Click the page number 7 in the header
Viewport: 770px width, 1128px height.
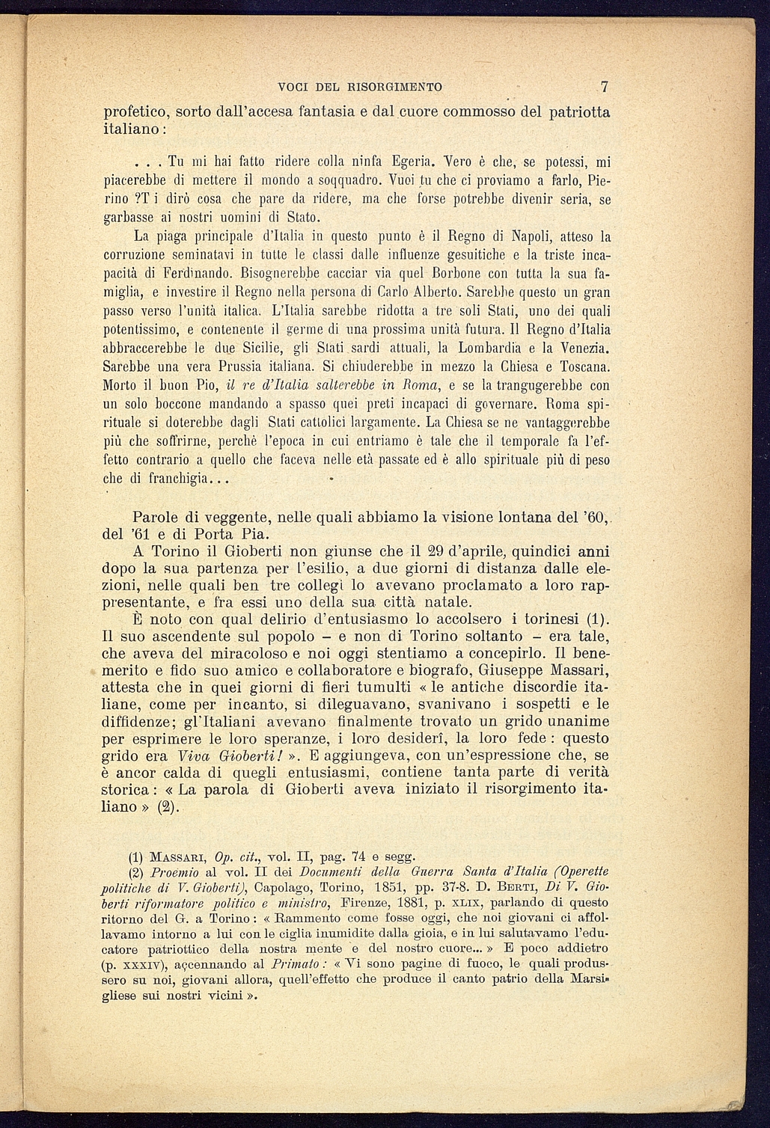click(x=605, y=85)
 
